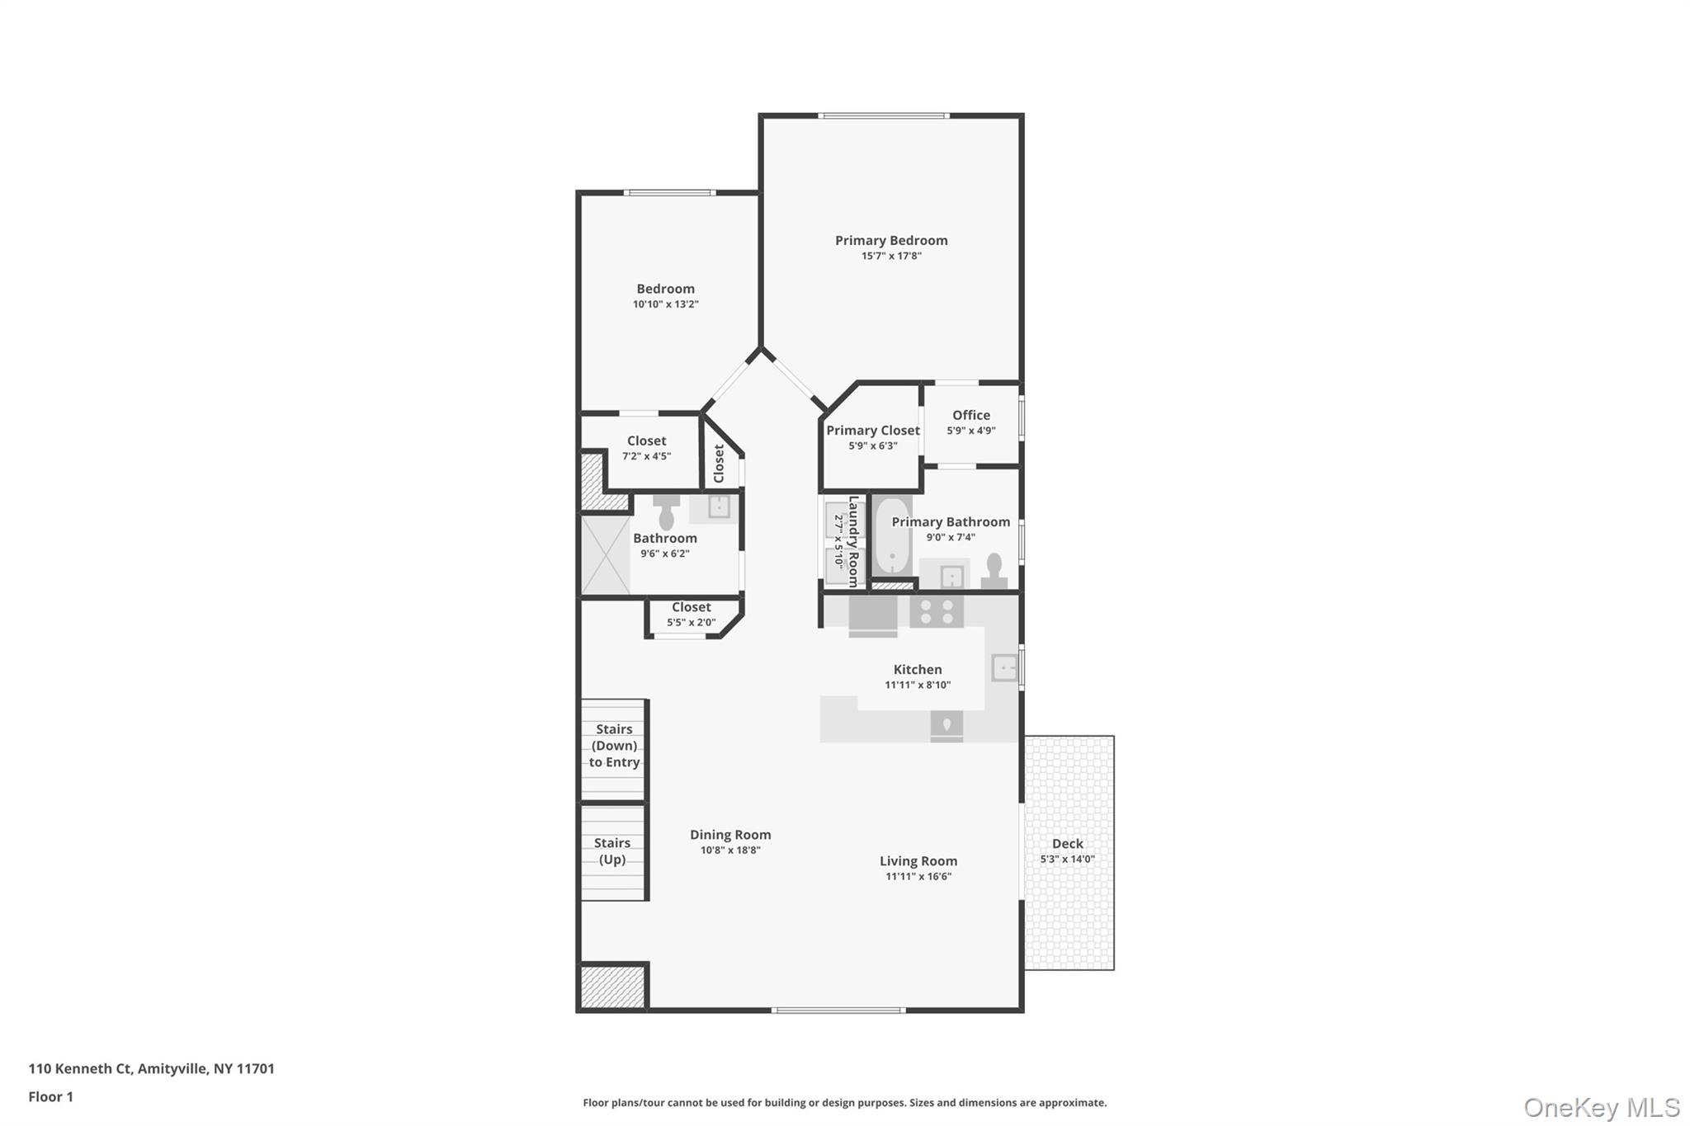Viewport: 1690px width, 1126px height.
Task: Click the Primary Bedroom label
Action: [x=891, y=240]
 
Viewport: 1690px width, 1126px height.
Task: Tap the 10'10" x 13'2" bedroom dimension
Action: [x=665, y=304]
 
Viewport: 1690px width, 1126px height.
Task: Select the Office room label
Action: [x=970, y=415]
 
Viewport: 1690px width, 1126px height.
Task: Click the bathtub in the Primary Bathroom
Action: [x=892, y=536]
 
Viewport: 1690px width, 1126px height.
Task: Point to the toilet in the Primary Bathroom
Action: [x=994, y=569]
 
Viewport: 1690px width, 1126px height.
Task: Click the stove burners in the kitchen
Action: [x=937, y=611]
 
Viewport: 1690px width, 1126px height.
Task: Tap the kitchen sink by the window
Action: [x=1004, y=667]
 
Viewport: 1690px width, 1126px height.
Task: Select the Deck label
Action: [x=1067, y=843]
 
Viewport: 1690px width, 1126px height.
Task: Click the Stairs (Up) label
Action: [x=612, y=850]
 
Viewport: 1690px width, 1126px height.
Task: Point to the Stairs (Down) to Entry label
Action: [x=614, y=746]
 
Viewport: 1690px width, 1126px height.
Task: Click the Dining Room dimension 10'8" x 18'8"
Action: [x=730, y=850]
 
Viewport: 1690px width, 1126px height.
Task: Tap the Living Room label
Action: [x=918, y=860]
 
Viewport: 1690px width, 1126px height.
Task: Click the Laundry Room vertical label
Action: [x=853, y=541]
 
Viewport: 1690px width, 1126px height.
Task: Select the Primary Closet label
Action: [x=872, y=430]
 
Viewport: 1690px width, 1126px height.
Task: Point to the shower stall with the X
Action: [x=605, y=554]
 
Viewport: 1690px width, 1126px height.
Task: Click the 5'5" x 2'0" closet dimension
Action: [x=691, y=623]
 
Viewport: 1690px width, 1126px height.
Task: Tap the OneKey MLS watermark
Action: [x=1601, y=1107]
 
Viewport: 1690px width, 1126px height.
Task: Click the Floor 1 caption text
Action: [x=51, y=1096]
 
